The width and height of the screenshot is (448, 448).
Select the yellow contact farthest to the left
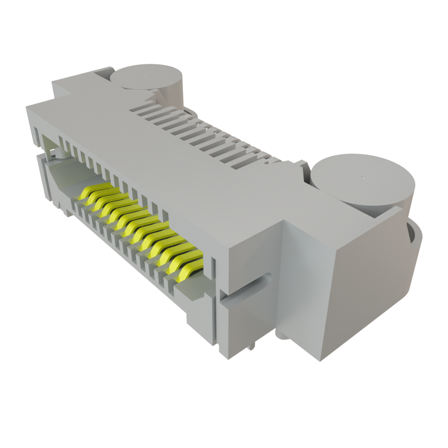94,191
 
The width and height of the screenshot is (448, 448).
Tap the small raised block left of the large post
302,168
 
